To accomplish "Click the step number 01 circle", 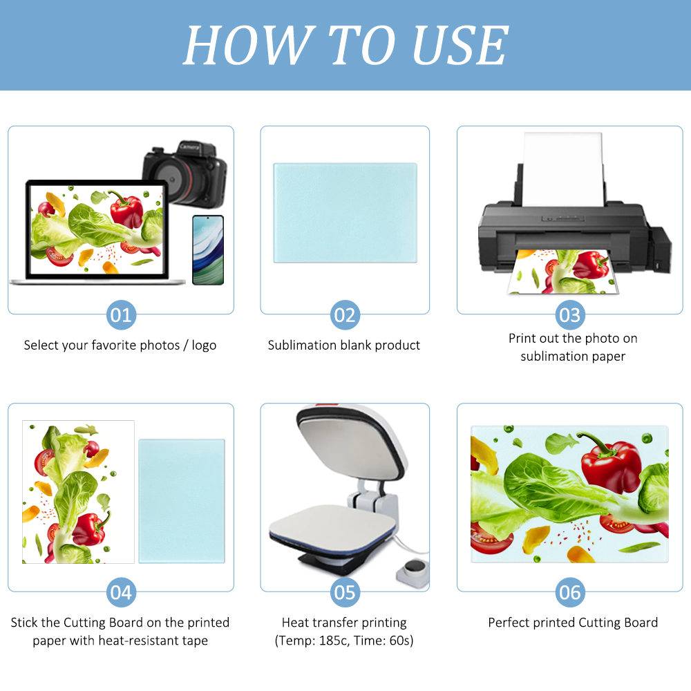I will pyautogui.click(x=121, y=315).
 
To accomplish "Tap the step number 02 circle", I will pyautogui.click(x=344, y=315).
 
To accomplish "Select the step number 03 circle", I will pyautogui.click(x=569, y=315).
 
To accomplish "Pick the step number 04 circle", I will pyautogui.click(x=121, y=592).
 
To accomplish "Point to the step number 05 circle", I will pyautogui.click(x=344, y=592).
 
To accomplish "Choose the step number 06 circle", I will pyautogui.click(x=569, y=592).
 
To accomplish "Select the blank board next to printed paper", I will pyautogui.click(x=182, y=500).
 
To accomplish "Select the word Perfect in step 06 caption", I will pyautogui.click(x=509, y=623).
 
